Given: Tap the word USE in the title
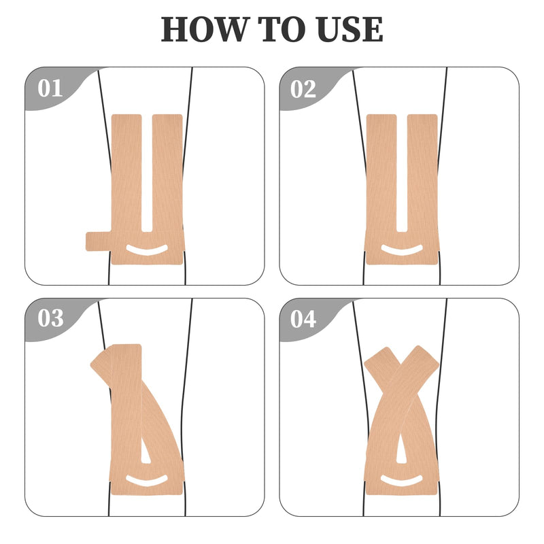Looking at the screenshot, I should click(345, 30).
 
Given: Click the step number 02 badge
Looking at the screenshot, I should click(303, 89).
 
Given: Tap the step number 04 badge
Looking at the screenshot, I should click(303, 318).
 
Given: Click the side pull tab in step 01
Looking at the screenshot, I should click(97, 241).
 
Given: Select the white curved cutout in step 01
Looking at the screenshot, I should click(147, 250).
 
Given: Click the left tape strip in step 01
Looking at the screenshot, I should click(126, 177).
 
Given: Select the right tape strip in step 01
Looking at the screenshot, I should click(167, 177).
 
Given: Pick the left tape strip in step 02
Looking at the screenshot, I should click(381, 177).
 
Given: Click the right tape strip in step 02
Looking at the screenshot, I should click(422, 177).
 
